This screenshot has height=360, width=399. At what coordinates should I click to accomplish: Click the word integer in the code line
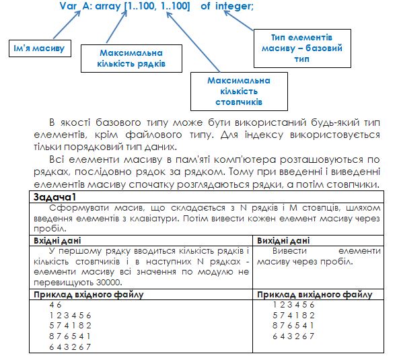234,6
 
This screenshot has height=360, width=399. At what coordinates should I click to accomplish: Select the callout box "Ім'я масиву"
38,48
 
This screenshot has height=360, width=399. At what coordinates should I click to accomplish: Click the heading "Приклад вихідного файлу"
315,294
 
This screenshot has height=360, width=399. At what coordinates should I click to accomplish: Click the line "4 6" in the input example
56,304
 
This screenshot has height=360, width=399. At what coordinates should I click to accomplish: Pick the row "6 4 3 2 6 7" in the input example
71,347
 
